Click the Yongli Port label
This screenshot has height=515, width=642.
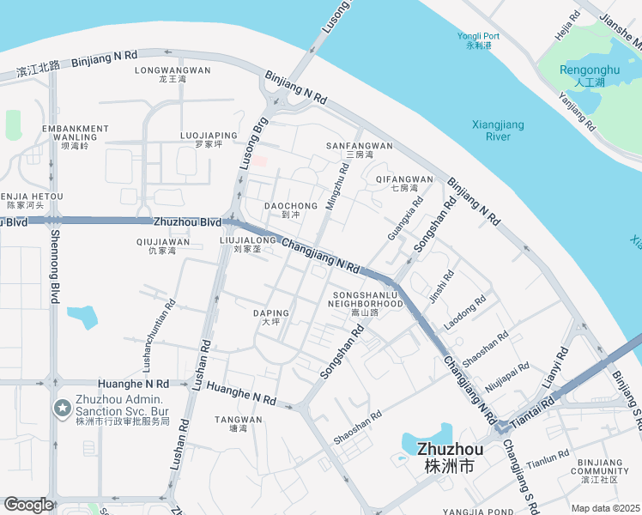pos(478,40)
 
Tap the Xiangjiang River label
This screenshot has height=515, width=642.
pos(498,130)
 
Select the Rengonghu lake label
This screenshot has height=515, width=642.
pos(589,76)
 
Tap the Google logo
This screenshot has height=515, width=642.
pos(28,505)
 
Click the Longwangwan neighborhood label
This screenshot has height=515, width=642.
pos(173,74)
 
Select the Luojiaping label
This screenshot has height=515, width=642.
pos(209,139)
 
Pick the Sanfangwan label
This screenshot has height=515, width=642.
pos(359,150)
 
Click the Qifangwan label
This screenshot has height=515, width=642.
pos(403,183)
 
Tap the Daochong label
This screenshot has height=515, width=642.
pos(290,210)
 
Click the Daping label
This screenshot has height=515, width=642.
pos(271,318)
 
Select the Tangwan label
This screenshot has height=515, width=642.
pos(238,424)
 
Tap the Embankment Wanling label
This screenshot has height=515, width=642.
pos(75,136)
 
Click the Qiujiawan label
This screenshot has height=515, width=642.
pos(161,246)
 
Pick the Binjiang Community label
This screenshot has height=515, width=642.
pos(600,470)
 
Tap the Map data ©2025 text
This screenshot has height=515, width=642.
pos(607,508)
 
